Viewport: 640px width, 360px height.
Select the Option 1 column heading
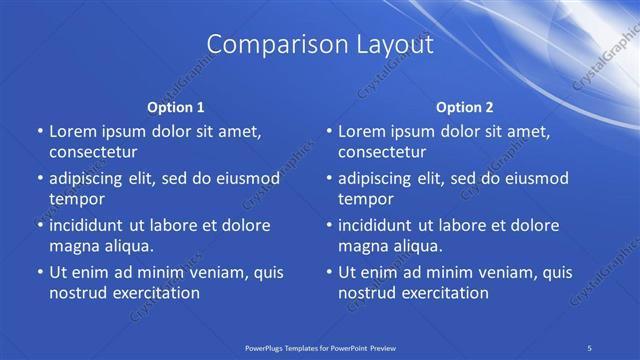175,106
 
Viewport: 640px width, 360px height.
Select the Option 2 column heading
465,106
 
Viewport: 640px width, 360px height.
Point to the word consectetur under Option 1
93,152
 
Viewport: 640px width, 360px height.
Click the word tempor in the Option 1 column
77,199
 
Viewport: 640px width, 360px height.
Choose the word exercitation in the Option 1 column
153,293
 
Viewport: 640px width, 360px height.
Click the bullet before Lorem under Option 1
39,132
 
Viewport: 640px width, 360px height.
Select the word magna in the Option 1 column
71,246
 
